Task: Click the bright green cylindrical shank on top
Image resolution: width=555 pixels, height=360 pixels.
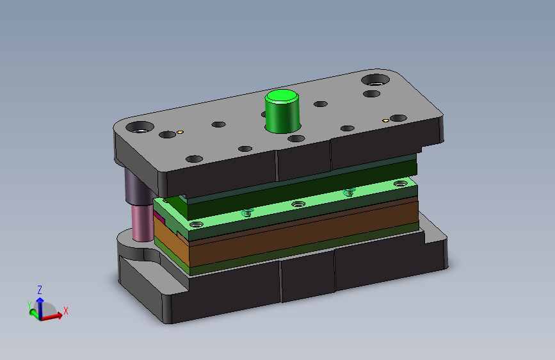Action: tap(282, 111)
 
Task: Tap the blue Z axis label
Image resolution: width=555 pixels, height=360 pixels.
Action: tap(40, 290)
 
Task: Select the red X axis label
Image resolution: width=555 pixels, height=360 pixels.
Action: tap(65, 311)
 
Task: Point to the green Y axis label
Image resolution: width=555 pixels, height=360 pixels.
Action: tap(29, 305)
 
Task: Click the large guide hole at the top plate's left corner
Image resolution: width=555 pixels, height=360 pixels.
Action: tap(140, 127)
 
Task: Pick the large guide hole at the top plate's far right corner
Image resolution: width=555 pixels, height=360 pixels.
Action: tap(376, 79)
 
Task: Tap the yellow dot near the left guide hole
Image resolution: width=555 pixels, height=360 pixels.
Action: tap(180, 132)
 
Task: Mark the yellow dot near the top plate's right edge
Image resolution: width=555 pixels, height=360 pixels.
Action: tap(386, 121)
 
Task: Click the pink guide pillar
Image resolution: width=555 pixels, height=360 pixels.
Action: tap(142, 223)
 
